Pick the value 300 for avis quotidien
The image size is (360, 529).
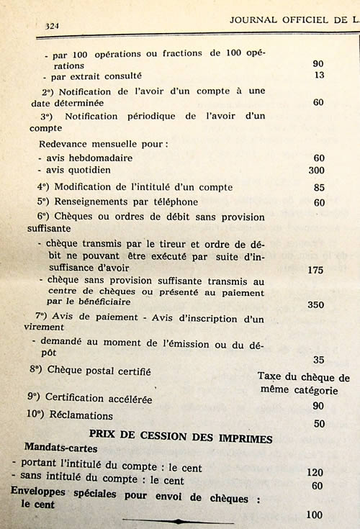point(316,171)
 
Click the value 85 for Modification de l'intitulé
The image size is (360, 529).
point(319,188)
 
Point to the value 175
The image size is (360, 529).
point(316,269)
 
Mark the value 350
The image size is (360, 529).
point(316,305)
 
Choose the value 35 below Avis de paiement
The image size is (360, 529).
point(319,360)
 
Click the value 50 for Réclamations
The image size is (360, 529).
point(319,424)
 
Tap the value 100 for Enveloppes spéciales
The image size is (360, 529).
point(315,515)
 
